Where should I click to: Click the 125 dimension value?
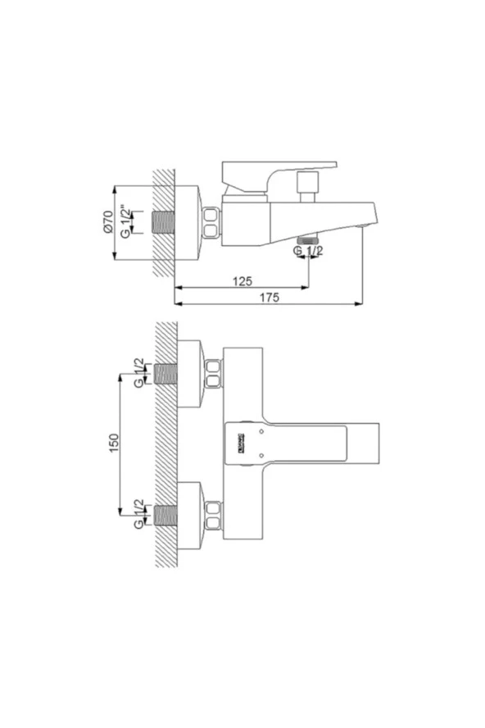pos(242,281)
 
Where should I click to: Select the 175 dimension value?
pos(270,298)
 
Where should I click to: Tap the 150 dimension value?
pos(113,444)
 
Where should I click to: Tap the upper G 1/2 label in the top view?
pos(139,374)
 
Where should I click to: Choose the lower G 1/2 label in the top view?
pos(139,514)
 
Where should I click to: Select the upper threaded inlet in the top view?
pos(166,374)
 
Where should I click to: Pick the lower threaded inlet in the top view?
pos(166,515)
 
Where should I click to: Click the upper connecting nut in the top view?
pos(213,374)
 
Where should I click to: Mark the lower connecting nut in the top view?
pos(213,515)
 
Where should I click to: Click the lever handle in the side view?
pos(279,173)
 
